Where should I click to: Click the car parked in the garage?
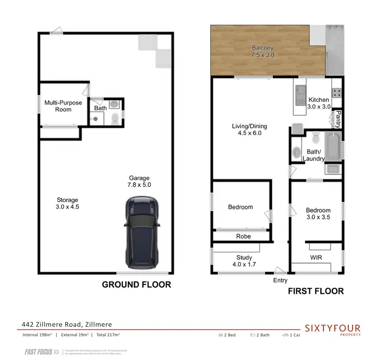pos(142,234)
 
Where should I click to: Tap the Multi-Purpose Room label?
pos(63,106)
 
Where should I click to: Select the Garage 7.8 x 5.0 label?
pos(140,182)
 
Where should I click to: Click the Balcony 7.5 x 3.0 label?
pos(263,52)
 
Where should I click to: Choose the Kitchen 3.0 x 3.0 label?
pos(319,104)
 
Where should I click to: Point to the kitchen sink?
pos(299,95)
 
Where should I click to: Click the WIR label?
pos(315,258)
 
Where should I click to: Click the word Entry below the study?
pos(280,280)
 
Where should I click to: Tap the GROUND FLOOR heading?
pos(137,285)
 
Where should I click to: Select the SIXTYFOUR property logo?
pos(333,328)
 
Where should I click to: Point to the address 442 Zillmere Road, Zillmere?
pos(66,324)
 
